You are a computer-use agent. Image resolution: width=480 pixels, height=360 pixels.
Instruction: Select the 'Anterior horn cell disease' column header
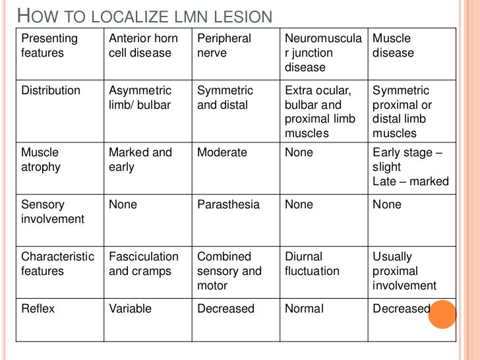[143, 45]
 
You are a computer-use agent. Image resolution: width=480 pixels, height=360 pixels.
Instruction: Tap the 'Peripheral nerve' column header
[224, 45]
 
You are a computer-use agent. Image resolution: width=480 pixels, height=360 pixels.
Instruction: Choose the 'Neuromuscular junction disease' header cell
[323, 53]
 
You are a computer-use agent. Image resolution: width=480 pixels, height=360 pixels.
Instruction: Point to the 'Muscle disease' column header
[394, 45]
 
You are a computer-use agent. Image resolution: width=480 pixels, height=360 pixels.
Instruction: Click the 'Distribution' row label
[51, 90]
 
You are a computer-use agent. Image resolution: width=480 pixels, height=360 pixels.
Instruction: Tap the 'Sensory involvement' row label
[53, 212]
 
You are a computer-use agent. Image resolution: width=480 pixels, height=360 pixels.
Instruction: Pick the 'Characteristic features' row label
[58, 264]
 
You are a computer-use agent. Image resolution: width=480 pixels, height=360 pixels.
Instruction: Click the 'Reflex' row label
[38, 309]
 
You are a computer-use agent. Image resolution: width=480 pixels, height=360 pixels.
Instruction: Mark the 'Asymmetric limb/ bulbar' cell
[140, 98]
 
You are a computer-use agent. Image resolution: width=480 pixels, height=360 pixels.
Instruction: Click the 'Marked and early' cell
[140, 160]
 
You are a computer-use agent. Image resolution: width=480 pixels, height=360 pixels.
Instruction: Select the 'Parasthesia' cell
[228, 204]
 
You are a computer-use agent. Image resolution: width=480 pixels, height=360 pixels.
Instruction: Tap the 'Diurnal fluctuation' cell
[312, 264]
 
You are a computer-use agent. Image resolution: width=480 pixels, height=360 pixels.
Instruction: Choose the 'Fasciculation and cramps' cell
[144, 264]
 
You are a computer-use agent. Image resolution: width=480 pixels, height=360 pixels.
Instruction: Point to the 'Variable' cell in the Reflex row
[130, 309]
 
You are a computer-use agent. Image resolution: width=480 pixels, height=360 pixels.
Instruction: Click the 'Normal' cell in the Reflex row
[304, 309]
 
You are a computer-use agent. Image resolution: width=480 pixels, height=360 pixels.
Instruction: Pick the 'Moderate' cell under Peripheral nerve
[222, 152]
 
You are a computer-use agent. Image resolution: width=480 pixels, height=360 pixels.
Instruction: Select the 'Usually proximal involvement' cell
[404, 271]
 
